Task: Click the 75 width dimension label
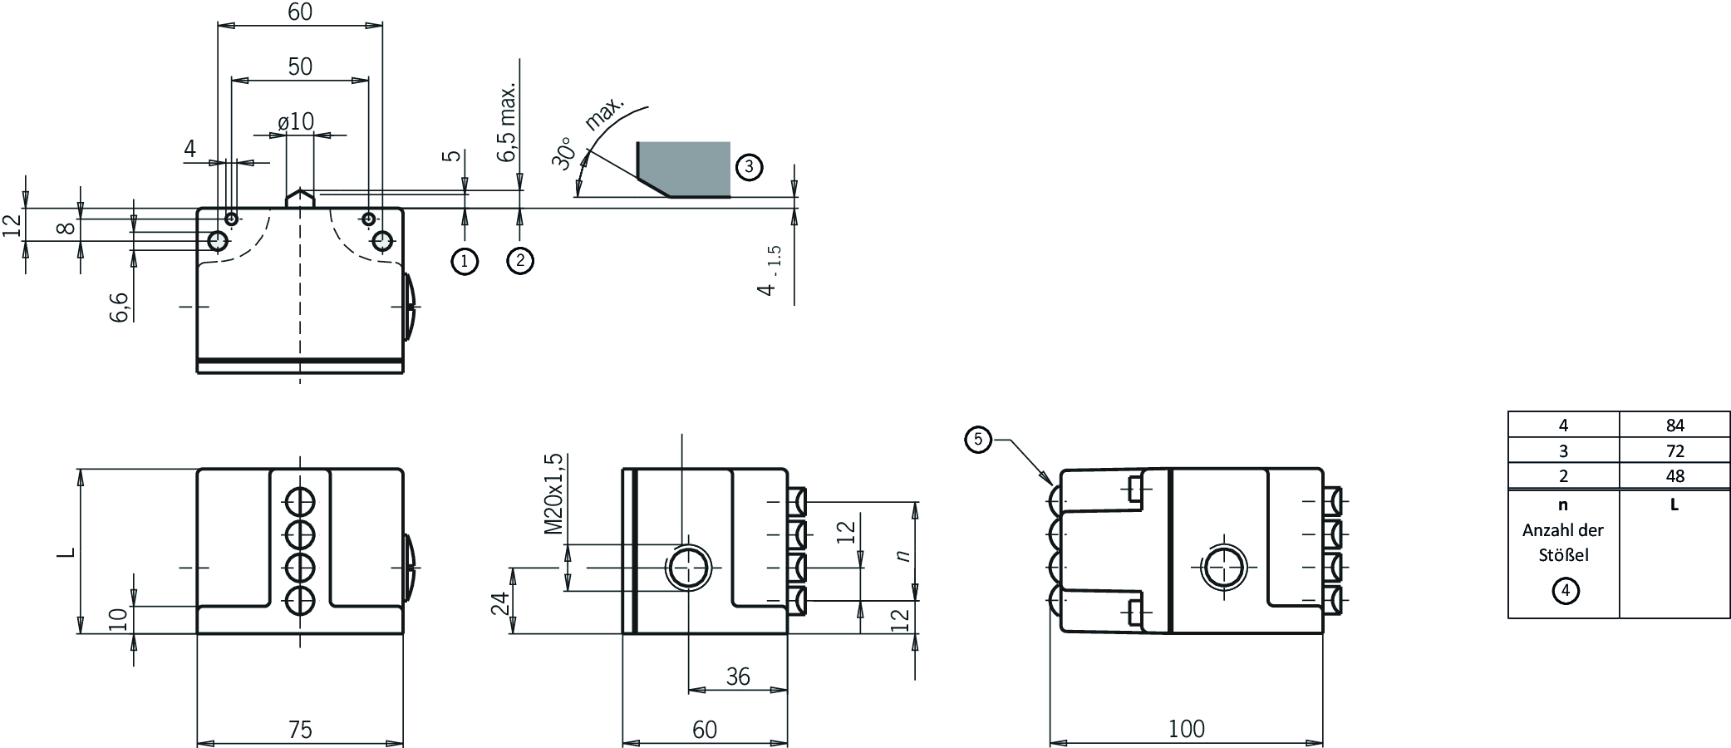(300, 729)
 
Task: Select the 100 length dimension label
(1186, 728)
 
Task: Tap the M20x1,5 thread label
(553, 494)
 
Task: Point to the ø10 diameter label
(297, 121)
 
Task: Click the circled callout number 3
(749, 167)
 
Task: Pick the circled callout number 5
(978, 439)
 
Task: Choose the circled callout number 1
(465, 262)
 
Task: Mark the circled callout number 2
(520, 261)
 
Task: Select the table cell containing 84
(1674, 425)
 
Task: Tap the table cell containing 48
(1674, 475)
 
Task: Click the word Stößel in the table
(1563, 554)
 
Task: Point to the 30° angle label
(564, 154)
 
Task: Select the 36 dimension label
(738, 677)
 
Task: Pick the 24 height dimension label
(499, 603)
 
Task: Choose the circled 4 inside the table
(1566, 591)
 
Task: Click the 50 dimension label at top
(300, 66)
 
